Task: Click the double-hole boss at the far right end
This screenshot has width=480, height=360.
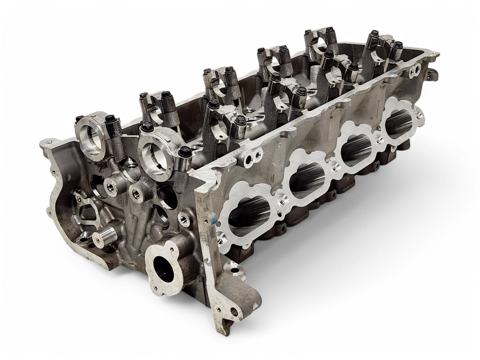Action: click(x=415, y=71)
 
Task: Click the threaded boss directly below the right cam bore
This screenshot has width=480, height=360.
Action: click(x=136, y=191)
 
